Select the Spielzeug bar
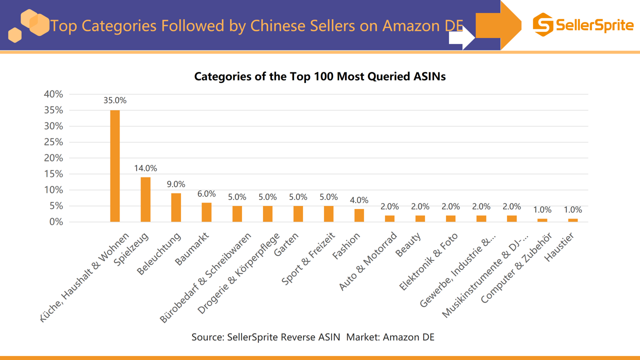coord(145,199)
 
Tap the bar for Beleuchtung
coord(176,207)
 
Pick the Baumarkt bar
coord(206,212)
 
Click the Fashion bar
coord(359,215)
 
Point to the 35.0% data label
coord(115,100)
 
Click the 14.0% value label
coord(145,168)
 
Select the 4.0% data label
coord(359,200)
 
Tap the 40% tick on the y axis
coord(53,94)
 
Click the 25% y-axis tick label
coord(53,142)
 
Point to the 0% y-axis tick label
coord(56,222)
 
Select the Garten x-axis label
coord(287,245)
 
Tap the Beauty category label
coord(408,244)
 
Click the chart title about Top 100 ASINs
coord(319,76)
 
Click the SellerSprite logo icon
coord(543,24)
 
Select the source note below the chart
coord(313,337)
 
